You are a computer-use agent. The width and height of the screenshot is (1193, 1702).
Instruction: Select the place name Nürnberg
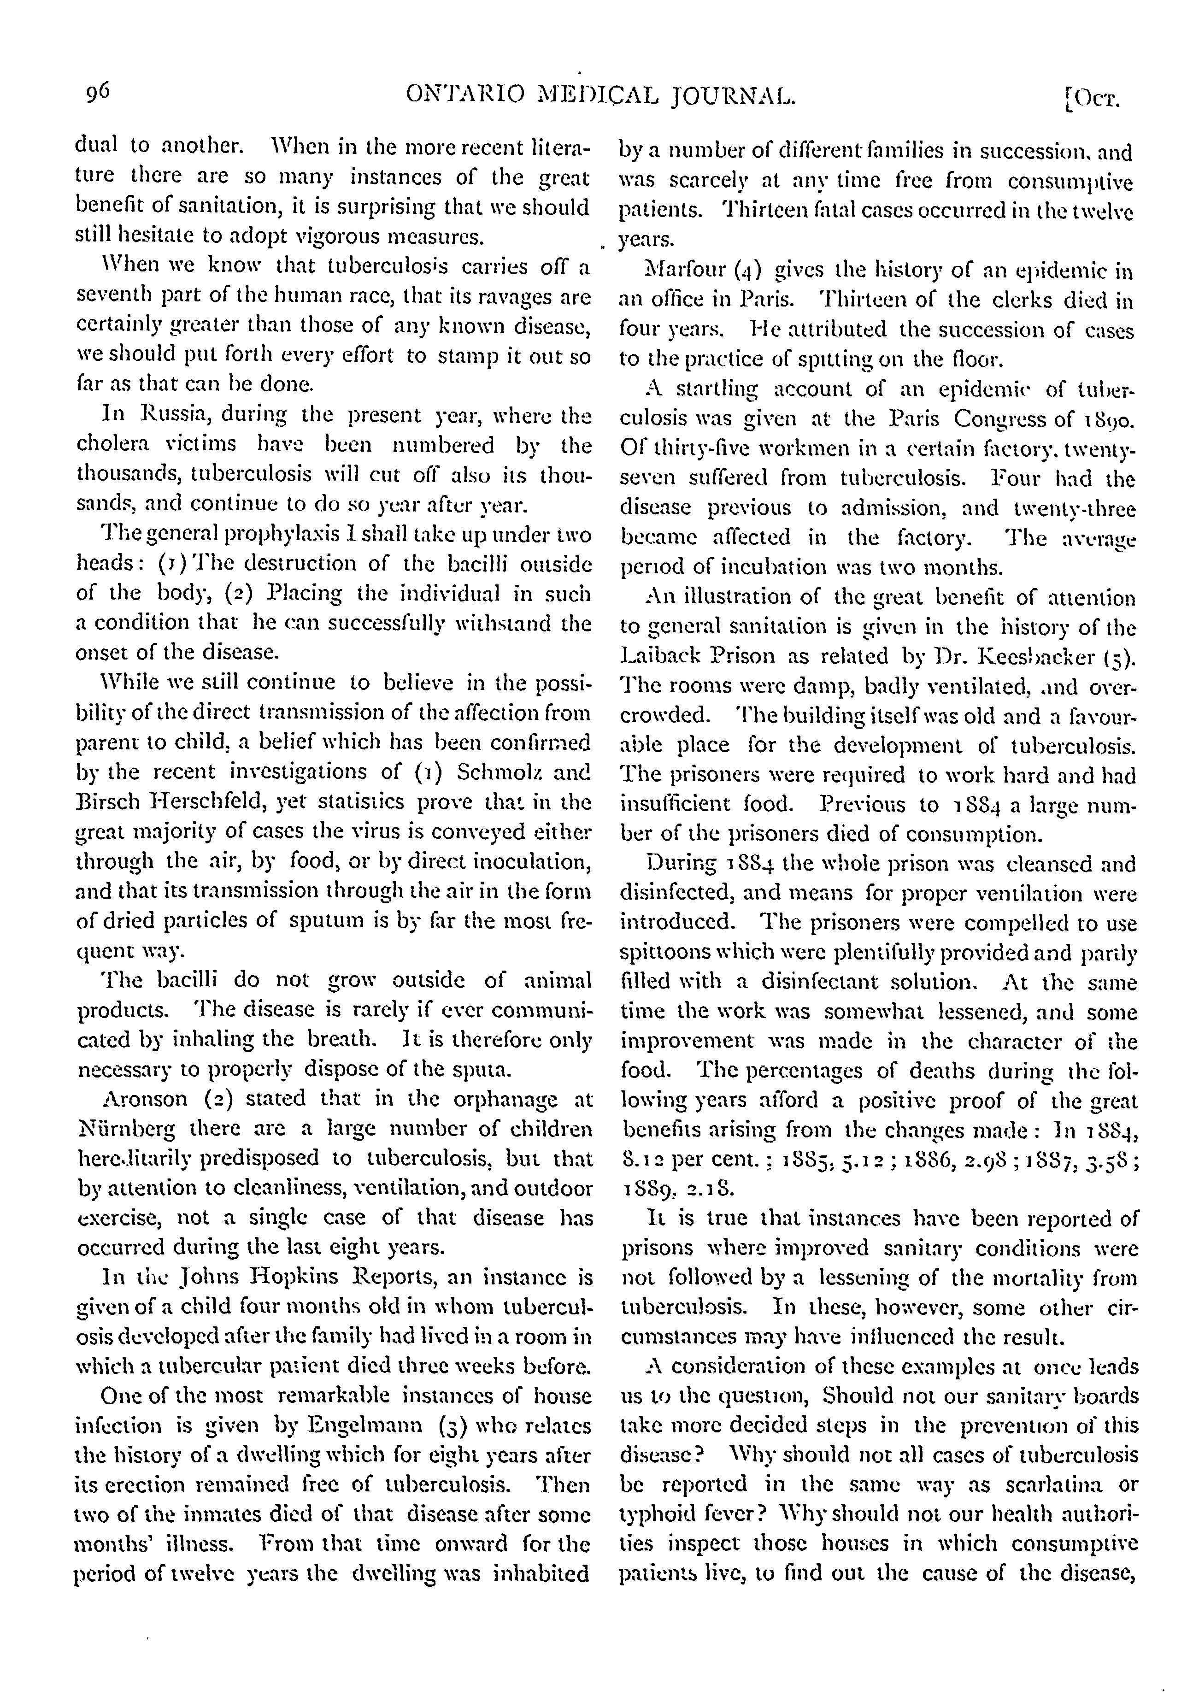(x=127, y=1129)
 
